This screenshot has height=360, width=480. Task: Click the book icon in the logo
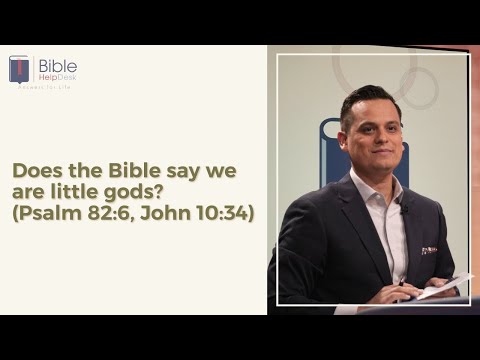click(x=19, y=68)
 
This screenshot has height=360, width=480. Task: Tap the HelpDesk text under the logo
click(x=56, y=78)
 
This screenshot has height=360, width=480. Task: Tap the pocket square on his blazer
click(x=429, y=250)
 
